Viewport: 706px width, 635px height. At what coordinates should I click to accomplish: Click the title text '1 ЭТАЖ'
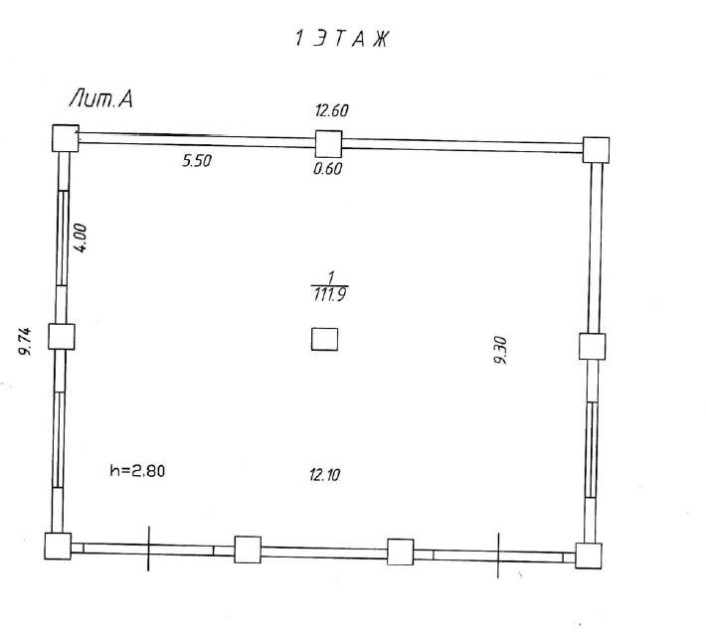coord(342,39)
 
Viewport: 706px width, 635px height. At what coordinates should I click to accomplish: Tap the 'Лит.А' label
coord(100,99)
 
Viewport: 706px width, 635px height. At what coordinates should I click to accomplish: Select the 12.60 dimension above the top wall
coord(332,110)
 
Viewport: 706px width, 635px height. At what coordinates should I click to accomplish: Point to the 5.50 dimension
coord(197,161)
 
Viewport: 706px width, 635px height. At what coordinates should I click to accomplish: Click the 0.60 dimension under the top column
coord(328,168)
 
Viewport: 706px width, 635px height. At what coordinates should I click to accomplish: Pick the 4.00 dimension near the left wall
coord(81,238)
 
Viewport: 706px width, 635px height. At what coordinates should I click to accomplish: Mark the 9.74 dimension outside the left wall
coord(25,341)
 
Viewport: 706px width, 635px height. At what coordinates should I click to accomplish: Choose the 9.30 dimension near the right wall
coord(501,350)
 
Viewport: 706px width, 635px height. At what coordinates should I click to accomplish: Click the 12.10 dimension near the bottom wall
coord(324,474)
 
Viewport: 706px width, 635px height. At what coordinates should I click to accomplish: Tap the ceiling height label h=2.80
coord(137,471)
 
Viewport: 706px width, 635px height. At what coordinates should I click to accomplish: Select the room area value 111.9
coord(330,295)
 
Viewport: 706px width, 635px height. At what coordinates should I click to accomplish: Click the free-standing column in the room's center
coord(324,339)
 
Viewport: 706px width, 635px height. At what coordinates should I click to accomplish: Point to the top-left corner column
coord(66,138)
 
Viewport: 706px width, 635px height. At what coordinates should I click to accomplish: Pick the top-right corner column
coord(597,150)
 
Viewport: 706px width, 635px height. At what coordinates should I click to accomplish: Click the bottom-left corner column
coord(58,547)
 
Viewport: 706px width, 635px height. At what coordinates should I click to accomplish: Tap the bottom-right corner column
coord(589,556)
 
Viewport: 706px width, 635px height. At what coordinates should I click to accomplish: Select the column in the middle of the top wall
coord(328,144)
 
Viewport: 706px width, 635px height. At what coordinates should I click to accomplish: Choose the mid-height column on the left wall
coord(62,337)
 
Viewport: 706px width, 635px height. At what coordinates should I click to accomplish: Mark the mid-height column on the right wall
coord(592,346)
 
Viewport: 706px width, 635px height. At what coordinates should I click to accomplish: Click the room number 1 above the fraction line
coord(331,277)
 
